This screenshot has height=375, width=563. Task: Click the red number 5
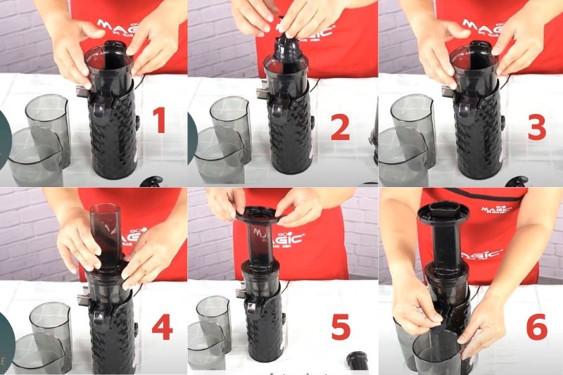pyautogui.click(x=341, y=328)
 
